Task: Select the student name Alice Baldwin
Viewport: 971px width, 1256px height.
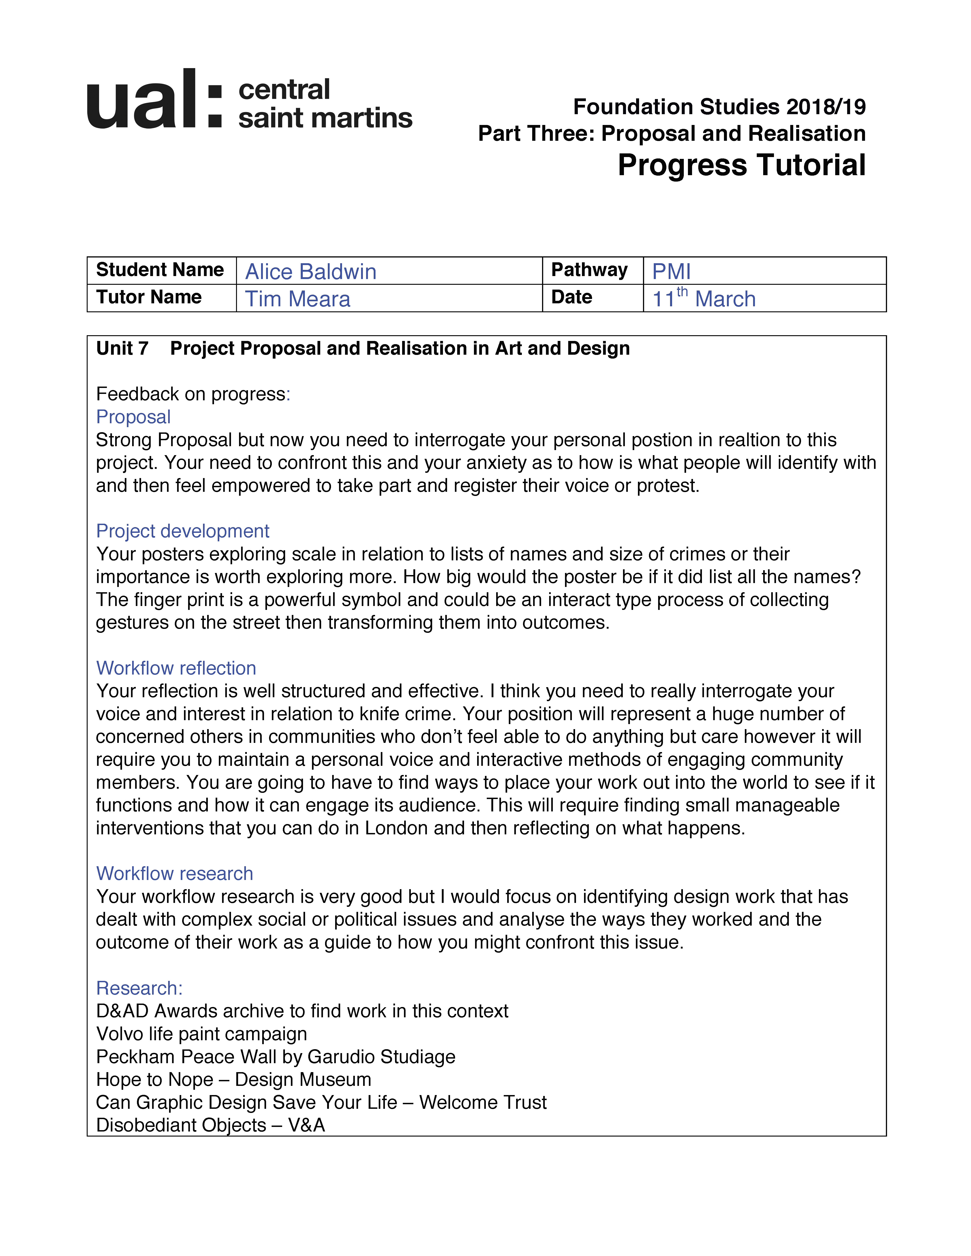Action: pos(311,271)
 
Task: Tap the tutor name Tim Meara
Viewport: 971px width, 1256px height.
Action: pos(297,299)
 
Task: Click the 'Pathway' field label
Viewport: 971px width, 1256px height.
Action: pos(589,270)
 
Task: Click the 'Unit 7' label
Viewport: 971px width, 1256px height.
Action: pos(122,349)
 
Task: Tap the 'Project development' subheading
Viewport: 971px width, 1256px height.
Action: pos(182,531)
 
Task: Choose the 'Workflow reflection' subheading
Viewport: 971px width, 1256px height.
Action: pos(176,668)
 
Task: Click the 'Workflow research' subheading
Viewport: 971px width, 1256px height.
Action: pos(174,874)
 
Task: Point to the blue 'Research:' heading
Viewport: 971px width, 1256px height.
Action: pos(139,988)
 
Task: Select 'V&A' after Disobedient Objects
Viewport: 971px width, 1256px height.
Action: pos(307,1126)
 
